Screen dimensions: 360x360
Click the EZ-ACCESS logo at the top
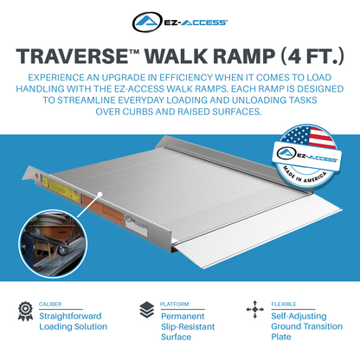[x=179, y=21]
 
